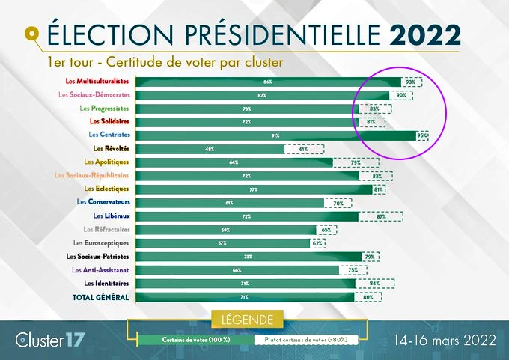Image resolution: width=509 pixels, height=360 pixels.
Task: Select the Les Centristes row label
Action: pos(109,135)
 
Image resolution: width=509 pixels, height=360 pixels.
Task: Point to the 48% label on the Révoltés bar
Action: pos(210,149)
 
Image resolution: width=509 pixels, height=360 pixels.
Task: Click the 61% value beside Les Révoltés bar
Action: pos(303,149)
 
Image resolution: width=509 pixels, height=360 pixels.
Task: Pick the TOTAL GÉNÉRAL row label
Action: pos(101,297)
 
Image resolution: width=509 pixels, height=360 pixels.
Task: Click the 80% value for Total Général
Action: pos(368,297)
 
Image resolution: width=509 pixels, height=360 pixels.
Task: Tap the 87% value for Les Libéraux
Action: pos(381,216)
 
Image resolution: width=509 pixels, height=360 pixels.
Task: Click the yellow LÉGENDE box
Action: pos(247,320)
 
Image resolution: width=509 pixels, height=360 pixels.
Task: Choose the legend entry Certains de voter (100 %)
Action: pos(195,339)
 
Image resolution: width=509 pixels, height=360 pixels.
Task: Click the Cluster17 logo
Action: pos(49,339)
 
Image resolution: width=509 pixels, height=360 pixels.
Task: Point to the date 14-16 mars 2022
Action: pos(445,339)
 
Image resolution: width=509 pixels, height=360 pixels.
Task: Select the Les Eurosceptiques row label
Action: pos(101,243)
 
